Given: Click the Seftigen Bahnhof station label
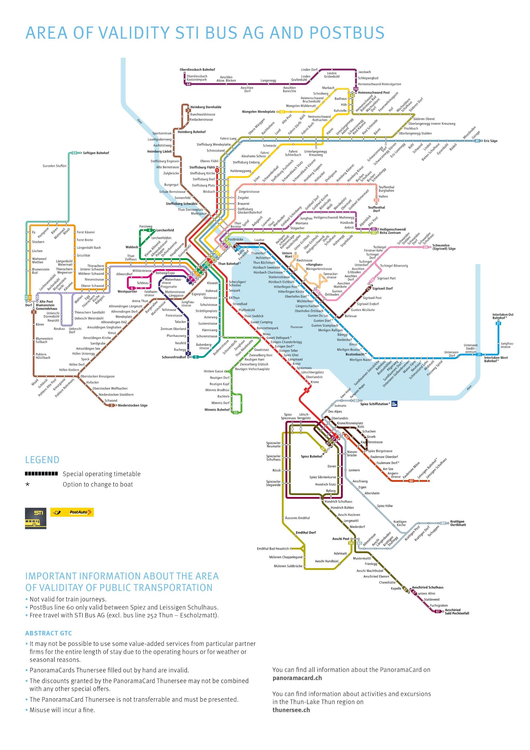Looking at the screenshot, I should point(96,153).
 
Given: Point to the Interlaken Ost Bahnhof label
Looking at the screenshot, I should point(503,316).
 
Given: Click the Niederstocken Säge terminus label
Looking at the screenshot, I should point(132,406).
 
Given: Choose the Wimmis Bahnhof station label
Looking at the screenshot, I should point(217,410).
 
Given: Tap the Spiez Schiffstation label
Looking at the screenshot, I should point(375,404).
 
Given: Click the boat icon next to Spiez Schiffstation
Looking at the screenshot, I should point(394,404).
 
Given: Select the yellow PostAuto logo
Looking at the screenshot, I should point(72,512).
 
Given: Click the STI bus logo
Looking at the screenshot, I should point(36,518).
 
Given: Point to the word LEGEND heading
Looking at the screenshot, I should point(42,460).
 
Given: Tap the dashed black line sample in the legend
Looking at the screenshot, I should point(42,474).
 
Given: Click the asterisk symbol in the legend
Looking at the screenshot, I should point(28,484).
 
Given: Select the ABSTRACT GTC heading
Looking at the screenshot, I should point(48,633).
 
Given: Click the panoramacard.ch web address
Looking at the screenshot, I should point(297,678).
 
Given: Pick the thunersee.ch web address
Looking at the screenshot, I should point(291,710).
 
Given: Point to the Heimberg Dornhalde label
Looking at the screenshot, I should point(206,107).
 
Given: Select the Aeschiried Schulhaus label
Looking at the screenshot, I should point(428,587).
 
